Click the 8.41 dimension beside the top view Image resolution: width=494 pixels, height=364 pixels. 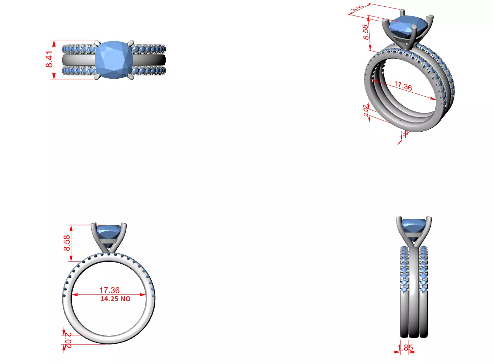[49, 59]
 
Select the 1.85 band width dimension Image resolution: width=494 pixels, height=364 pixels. [405, 347]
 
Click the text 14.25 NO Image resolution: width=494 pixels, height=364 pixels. [115, 299]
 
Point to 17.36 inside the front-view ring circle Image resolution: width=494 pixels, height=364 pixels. [109, 290]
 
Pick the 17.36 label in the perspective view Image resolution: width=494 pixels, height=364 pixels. [403, 86]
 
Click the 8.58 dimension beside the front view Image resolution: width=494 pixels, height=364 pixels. [67, 243]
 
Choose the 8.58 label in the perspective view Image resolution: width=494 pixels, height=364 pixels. [366, 32]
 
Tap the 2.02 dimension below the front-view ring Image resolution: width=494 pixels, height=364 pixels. [68, 340]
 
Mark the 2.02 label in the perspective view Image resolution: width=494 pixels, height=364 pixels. [366, 110]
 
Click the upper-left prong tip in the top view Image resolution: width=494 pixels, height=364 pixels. [96, 42]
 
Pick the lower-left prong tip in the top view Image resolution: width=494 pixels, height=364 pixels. [96, 78]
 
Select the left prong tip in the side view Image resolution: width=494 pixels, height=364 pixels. [398, 218]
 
